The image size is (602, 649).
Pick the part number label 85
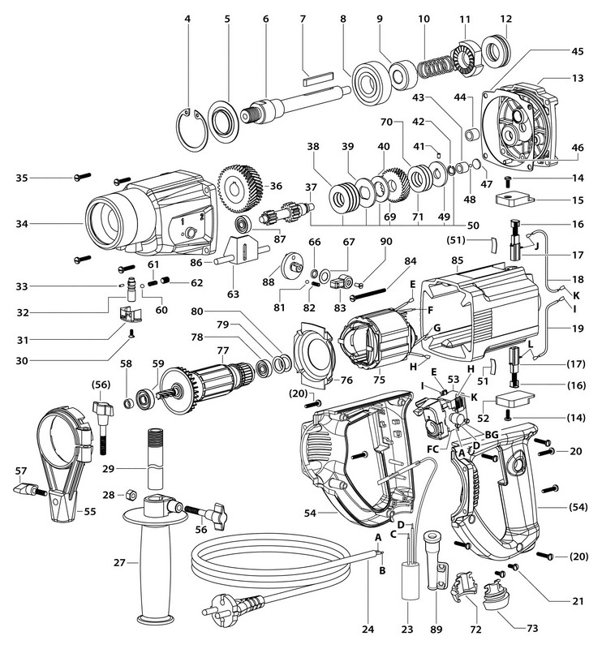[x=456, y=260]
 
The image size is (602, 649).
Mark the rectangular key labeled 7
[x=318, y=81]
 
